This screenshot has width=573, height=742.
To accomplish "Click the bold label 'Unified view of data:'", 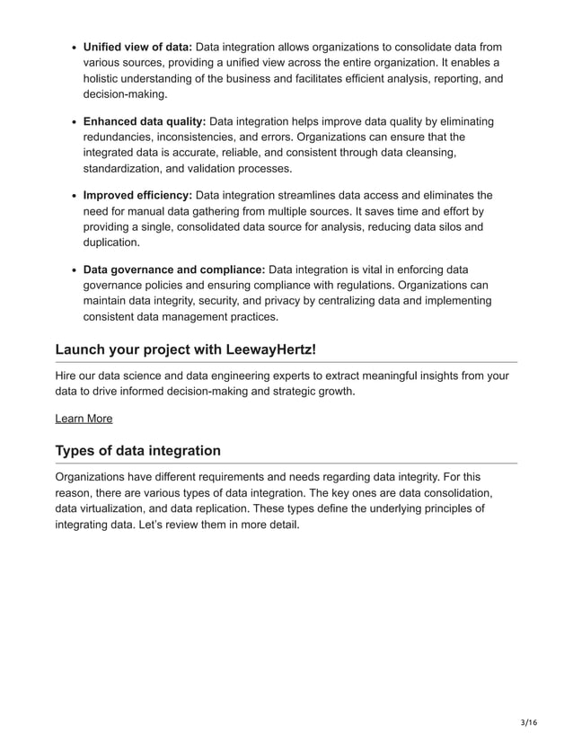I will tap(137, 47).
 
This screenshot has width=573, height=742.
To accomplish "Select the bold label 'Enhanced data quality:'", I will tap(145, 121).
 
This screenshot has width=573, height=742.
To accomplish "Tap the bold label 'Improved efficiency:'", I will tap(137, 195).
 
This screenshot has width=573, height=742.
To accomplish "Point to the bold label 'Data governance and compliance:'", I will tap(174, 269).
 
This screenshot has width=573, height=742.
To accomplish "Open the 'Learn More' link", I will tap(84, 418).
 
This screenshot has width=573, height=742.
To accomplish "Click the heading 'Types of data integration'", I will tap(137, 450).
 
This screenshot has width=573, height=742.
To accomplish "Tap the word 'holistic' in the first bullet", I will tap(104, 78).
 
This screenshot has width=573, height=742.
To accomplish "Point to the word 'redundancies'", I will tap(119, 137).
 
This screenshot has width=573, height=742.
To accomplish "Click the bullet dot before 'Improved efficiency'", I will tap(71, 196).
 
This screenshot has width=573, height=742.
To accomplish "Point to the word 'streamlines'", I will tap(301, 195).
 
